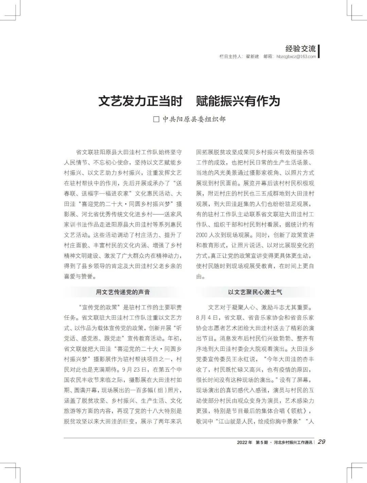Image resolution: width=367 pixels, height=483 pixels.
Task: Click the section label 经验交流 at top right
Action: pos(300,49)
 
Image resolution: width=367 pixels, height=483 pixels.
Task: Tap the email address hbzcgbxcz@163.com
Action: pos(296,57)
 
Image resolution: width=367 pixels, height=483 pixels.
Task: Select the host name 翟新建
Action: pos(252,57)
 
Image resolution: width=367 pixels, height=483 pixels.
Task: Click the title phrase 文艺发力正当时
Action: pos(140,101)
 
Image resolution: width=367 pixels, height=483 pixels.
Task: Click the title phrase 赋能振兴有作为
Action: pos(238,101)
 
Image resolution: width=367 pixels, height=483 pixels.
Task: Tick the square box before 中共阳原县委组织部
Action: pos(156,119)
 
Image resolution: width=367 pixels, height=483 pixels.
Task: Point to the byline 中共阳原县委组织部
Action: pos(194,119)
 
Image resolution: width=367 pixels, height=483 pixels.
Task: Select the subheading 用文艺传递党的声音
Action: pos(123,292)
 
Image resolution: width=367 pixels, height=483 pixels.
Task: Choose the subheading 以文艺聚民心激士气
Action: pos(255,292)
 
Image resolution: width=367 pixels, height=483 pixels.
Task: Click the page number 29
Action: pos(321,442)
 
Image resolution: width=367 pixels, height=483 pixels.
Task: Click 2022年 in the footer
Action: pos(245,442)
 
